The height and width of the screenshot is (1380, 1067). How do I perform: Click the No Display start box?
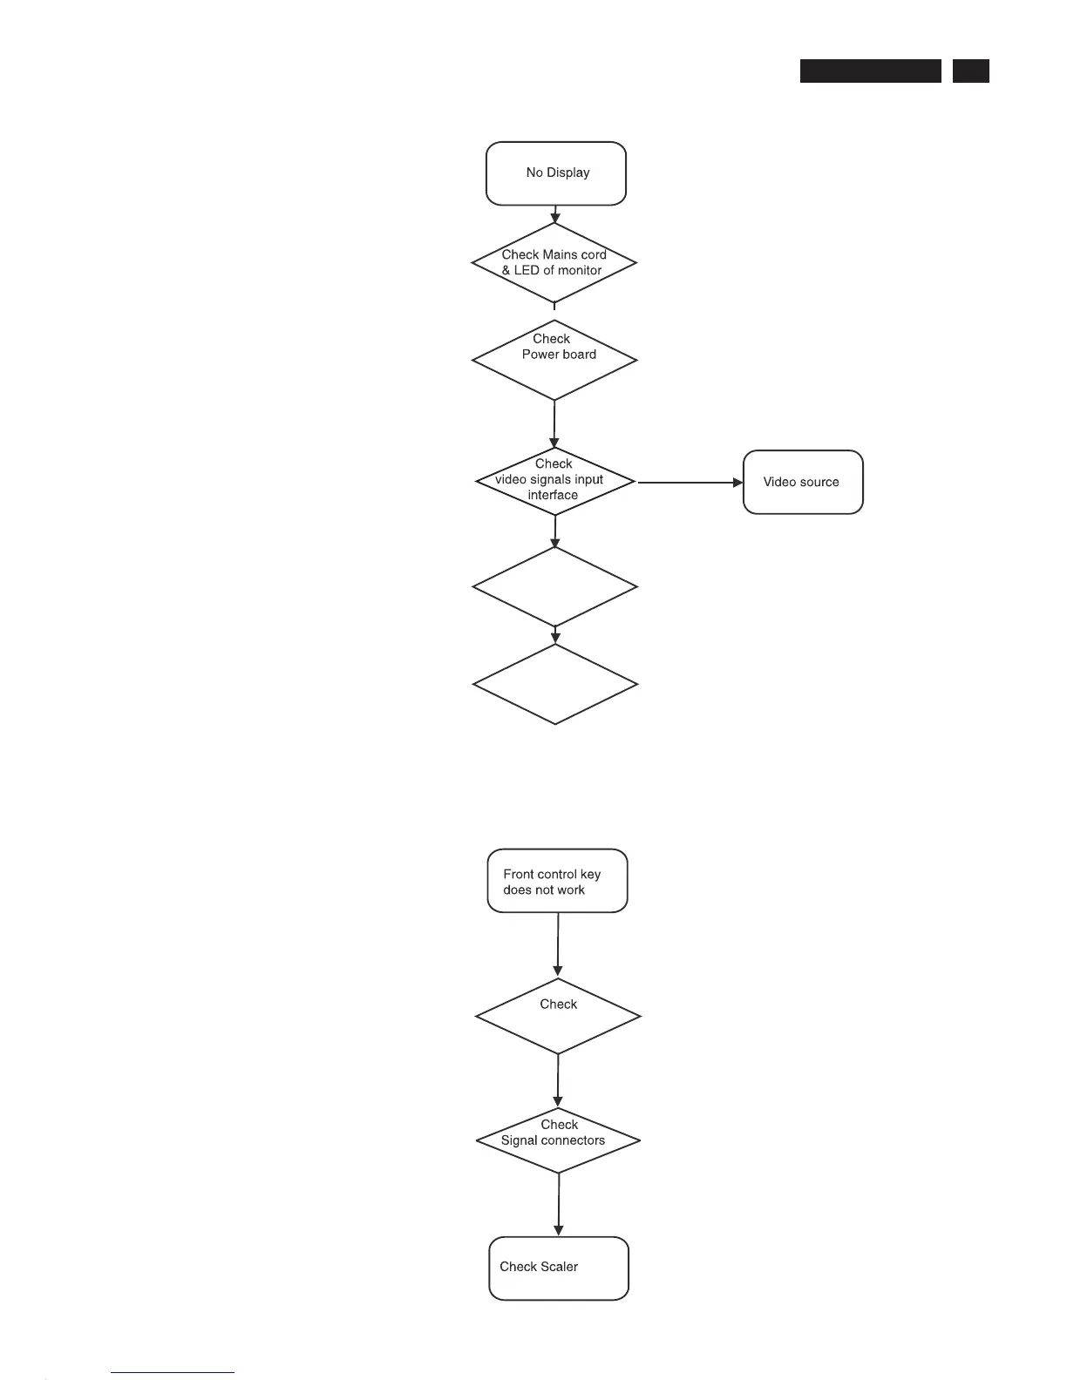[556, 173]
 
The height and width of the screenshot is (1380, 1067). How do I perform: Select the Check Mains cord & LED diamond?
[554, 262]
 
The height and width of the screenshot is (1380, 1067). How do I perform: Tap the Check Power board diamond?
[554, 359]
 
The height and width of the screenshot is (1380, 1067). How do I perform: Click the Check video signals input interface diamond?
[555, 481]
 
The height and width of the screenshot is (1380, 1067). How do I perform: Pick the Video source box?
[803, 482]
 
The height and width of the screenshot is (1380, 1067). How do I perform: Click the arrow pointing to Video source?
[690, 482]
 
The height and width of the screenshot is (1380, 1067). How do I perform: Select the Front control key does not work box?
[557, 881]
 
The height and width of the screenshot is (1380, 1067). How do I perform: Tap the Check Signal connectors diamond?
[558, 1140]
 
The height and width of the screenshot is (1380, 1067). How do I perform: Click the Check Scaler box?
[559, 1268]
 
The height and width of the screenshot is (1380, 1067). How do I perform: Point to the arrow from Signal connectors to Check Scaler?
[558, 1205]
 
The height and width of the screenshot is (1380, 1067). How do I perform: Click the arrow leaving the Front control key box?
[558, 945]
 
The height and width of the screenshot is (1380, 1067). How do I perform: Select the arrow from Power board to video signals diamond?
[554, 424]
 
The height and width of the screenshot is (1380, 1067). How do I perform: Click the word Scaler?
[557, 1267]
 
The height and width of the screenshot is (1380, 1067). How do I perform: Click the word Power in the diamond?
[539, 354]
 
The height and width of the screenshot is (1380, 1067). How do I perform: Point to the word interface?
[553, 495]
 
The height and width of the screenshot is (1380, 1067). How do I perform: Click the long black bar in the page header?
[870, 71]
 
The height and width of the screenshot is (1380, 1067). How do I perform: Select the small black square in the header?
[970, 71]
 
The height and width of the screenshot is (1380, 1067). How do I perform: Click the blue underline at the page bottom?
[173, 1373]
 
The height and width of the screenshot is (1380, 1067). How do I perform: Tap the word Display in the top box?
[568, 172]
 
